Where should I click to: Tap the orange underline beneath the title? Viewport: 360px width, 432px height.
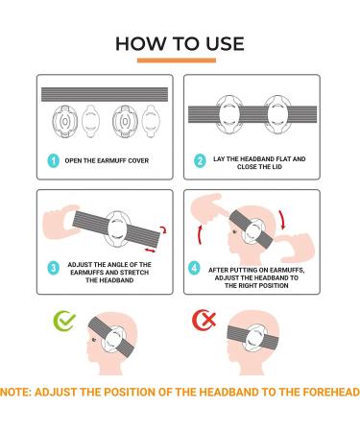pos(177,60)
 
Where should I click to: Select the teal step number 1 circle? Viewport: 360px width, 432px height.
pos(54,160)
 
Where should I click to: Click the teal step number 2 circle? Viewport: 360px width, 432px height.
pos(200,160)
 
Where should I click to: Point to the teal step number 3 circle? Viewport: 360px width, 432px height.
pos(54,268)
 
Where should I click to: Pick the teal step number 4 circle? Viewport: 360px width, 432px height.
pos(194,268)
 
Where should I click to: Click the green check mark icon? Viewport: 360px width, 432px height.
pos(64,321)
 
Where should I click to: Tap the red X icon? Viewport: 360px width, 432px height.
pos(204,320)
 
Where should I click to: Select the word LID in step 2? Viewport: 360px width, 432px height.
pos(276,167)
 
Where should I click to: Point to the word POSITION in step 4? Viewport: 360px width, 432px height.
pos(272,285)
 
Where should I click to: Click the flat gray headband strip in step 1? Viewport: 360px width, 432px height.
pos(105,94)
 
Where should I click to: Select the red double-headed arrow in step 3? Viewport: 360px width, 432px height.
pos(150,250)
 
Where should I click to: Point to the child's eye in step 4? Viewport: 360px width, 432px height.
pos(235,230)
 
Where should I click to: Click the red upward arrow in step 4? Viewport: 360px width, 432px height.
pos(200,235)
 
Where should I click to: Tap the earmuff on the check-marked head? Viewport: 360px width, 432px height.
pos(113,340)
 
